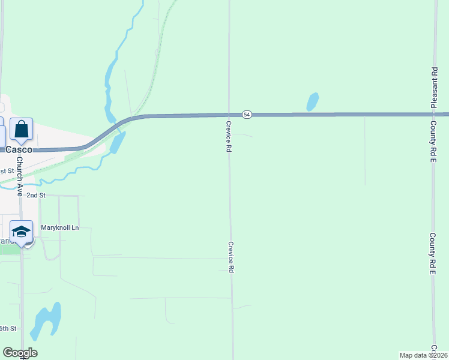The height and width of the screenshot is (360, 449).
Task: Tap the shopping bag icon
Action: [21, 129]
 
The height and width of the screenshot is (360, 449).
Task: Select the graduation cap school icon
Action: [21, 232]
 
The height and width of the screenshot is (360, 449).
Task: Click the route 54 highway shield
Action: [247, 114]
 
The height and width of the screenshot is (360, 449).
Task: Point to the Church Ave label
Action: [19, 178]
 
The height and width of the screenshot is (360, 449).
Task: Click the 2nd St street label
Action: [36, 196]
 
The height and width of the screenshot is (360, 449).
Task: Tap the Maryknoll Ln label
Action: [60, 228]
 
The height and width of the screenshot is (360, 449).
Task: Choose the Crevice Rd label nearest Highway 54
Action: [229, 135]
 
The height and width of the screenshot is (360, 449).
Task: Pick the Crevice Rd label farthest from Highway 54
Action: [231, 257]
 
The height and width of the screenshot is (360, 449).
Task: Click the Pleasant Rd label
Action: [433, 88]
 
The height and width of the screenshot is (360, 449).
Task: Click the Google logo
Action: [20, 353]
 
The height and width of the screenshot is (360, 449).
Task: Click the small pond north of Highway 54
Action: [312, 102]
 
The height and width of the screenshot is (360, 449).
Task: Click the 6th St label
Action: [8, 328]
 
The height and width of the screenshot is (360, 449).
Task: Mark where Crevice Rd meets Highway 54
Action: [229, 115]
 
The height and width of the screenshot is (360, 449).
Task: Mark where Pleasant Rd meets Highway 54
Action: [433, 114]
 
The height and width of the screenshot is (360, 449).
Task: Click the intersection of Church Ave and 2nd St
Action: [22, 196]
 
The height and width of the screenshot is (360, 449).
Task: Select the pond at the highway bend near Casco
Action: [117, 142]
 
